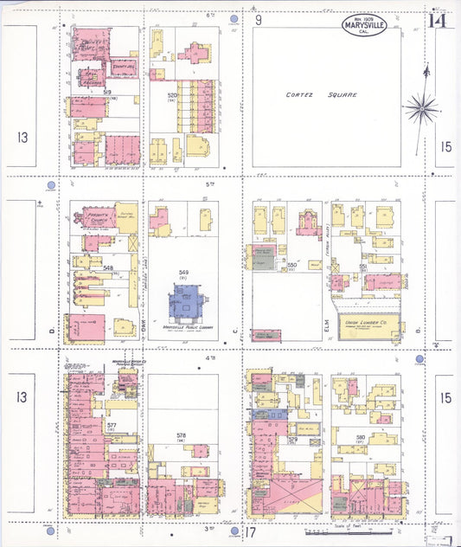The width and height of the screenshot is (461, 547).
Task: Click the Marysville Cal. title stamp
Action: [363, 25]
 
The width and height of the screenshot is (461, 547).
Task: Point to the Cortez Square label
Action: [321, 94]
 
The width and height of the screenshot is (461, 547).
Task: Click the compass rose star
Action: [421, 108]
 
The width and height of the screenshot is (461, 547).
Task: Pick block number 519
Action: [106, 91]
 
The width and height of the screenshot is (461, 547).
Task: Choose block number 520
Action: [172, 95]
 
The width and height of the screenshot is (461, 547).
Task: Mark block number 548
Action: [108, 268]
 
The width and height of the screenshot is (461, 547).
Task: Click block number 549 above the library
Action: [182, 272]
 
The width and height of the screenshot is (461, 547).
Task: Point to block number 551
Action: [362, 266]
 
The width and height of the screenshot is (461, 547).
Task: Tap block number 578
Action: [181, 435]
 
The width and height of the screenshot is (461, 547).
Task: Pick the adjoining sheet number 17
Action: [252, 533]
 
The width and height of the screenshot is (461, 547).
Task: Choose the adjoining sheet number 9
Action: [258, 19]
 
